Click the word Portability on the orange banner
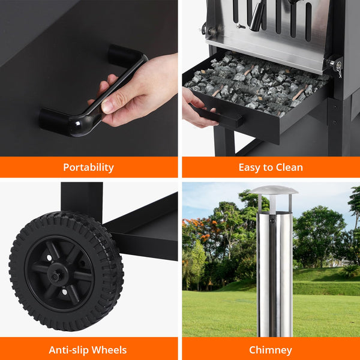point(88,167)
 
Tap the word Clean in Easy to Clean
point(287,167)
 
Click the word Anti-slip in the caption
point(68,350)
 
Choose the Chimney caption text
point(270,350)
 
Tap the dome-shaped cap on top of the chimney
point(274,190)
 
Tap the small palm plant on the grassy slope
point(349,270)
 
